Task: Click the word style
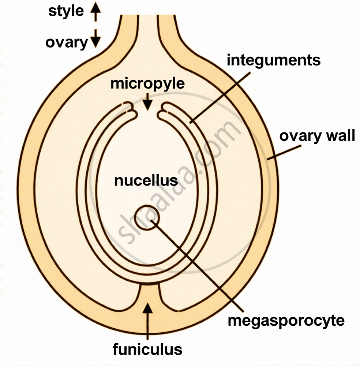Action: click(66, 11)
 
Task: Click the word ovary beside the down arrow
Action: click(66, 43)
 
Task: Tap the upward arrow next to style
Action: click(95, 12)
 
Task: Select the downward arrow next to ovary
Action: click(95, 38)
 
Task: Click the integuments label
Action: click(274, 61)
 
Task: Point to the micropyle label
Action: click(147, 84)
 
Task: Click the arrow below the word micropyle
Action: click(147, 101)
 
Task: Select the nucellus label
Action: click(146, 181)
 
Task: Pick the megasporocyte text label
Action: click(286, 321)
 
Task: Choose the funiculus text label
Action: click(147, 349)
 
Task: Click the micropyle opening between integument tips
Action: click(147, 113)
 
